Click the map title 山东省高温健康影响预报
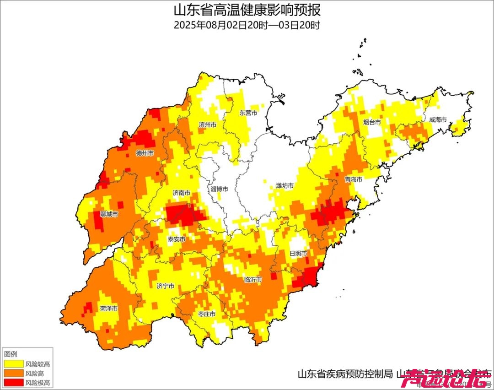click(247, 10)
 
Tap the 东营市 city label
click(248, 113)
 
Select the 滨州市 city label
click(208, 125)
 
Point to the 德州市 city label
click(145, 153)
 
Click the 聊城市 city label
click(109, 214)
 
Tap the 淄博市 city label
click(219, 189)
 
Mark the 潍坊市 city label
click(285, 185)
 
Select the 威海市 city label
click(437, 119)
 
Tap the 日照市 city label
click(297, 253)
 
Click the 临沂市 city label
click(253, 279)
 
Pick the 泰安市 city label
click(177, 239)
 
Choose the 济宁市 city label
click(165, 286)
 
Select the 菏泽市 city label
click(109, 309)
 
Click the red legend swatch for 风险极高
click(13, 382)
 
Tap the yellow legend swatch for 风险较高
click(13, 364)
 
